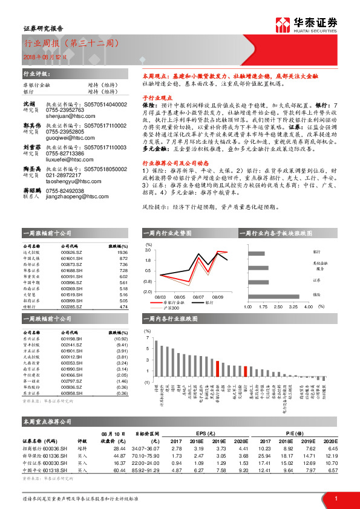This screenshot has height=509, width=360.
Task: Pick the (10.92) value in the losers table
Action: coord(121,339)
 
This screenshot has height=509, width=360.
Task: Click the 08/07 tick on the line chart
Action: coord(198,297)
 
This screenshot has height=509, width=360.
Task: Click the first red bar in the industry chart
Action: coord(218,371)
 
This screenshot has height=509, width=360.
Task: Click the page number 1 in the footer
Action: coord(335,498)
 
